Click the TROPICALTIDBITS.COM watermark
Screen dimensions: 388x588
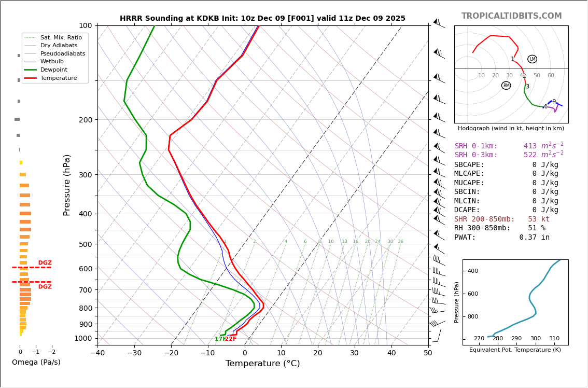coord(511,16)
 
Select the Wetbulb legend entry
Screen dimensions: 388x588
coord(52,61)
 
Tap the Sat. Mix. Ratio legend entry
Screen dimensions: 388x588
coord(61,37)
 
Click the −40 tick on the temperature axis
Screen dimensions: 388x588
coord(97,353)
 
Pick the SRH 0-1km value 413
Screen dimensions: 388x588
coord(530,146)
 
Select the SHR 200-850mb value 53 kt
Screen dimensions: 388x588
coord(539,219)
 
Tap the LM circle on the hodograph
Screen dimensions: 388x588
coord(532,59)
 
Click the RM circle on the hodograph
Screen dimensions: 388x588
coord(506,86)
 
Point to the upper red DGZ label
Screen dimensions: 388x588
coord(45,263)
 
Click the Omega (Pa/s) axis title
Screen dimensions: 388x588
coord(36,363)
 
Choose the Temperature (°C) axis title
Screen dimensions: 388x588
coord(262,364)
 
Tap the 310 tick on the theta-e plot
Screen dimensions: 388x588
coord(554,339)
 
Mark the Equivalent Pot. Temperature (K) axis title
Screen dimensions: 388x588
coord(515,350)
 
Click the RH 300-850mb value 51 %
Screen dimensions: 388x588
coord(539,228)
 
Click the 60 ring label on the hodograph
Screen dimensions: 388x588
coord(551,76)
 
